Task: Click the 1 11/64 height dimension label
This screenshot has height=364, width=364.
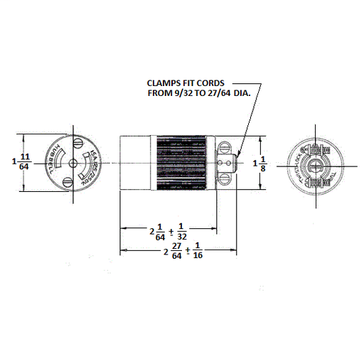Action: pos(21,162)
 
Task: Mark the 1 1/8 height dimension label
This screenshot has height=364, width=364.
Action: pos(262,163)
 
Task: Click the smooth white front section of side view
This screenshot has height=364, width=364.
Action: pos(133,163)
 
